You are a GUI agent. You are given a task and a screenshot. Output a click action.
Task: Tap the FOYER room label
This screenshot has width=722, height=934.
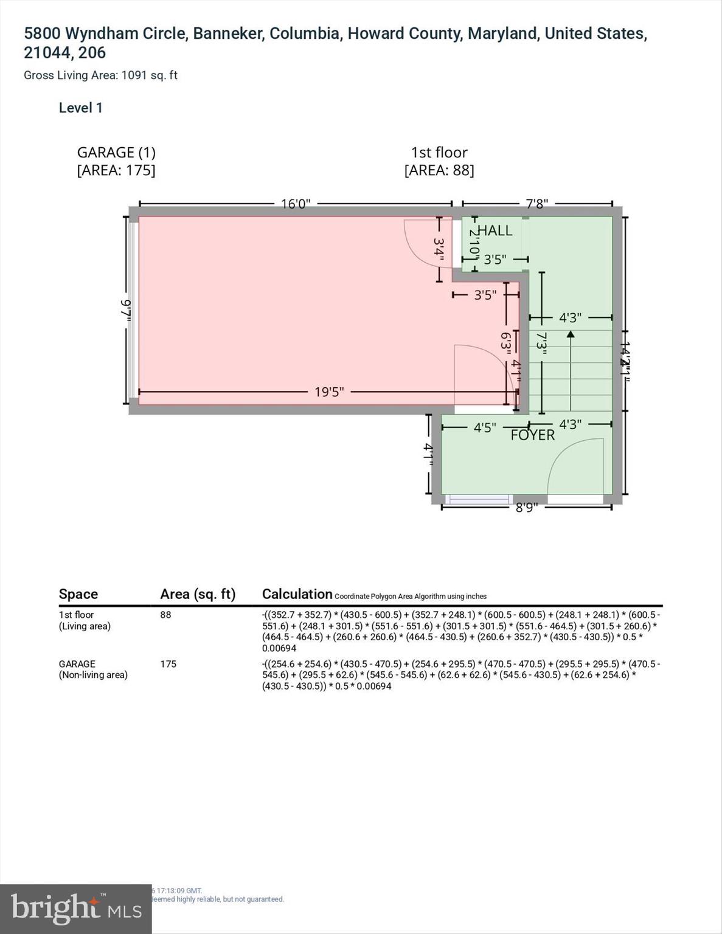532,435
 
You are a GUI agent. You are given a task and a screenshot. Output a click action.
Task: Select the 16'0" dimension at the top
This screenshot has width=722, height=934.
296,204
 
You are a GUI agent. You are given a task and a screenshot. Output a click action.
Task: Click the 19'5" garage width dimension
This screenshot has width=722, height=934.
329,392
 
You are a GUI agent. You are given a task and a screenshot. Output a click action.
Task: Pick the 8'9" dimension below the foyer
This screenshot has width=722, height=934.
527,507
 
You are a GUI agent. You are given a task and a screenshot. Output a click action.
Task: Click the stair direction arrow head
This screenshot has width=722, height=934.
570,334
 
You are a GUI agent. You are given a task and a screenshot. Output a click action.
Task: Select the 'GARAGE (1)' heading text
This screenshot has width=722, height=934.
116,153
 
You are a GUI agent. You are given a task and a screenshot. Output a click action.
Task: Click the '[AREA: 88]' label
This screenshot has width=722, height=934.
439,170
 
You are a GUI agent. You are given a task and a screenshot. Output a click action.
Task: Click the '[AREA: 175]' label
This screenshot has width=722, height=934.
116,170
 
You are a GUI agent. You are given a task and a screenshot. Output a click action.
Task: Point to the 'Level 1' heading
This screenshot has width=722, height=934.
80,108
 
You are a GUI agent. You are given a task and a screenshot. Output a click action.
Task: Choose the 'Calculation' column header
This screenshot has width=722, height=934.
297,594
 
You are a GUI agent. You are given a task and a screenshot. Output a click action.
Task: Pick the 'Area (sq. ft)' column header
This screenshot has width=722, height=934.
198,594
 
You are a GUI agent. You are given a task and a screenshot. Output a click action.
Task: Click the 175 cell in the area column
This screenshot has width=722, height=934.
168,664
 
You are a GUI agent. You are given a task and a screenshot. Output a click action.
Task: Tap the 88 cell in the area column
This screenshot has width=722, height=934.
165,615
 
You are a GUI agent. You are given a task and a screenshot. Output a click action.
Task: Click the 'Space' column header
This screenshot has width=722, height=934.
78,594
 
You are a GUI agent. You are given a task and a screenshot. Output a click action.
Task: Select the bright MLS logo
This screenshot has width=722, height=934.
75,909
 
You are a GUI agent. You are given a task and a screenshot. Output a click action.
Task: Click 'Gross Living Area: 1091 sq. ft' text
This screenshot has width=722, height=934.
100,75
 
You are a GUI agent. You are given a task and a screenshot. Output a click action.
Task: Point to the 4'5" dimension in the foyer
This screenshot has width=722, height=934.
485,428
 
